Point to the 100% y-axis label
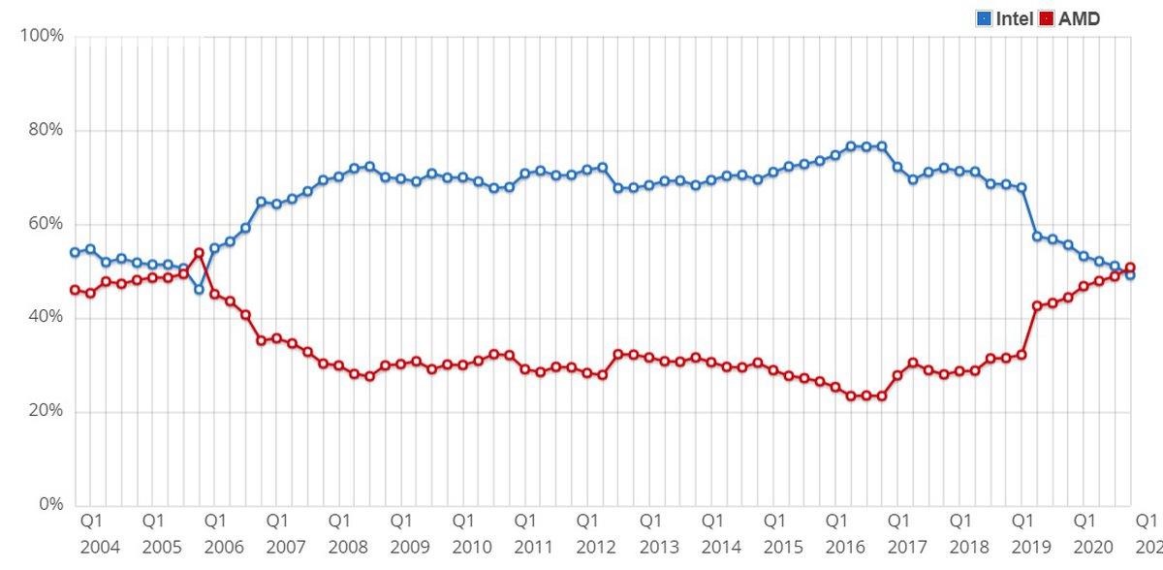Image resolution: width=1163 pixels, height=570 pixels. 42,36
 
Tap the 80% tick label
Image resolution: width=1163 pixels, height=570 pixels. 45,130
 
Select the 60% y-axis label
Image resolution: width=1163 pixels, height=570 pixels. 45,224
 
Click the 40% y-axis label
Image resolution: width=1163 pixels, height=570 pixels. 45,318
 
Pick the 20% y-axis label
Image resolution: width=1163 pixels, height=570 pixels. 45,412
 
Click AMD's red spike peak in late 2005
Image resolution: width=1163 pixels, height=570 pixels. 199,253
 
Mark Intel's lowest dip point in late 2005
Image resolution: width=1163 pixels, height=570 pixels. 199,289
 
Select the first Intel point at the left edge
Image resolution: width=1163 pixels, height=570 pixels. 75,252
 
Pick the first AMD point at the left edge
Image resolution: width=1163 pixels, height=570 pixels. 75,290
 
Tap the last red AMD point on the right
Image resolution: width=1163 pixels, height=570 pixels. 1130,268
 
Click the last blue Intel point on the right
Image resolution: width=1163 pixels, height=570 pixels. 1130,275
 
